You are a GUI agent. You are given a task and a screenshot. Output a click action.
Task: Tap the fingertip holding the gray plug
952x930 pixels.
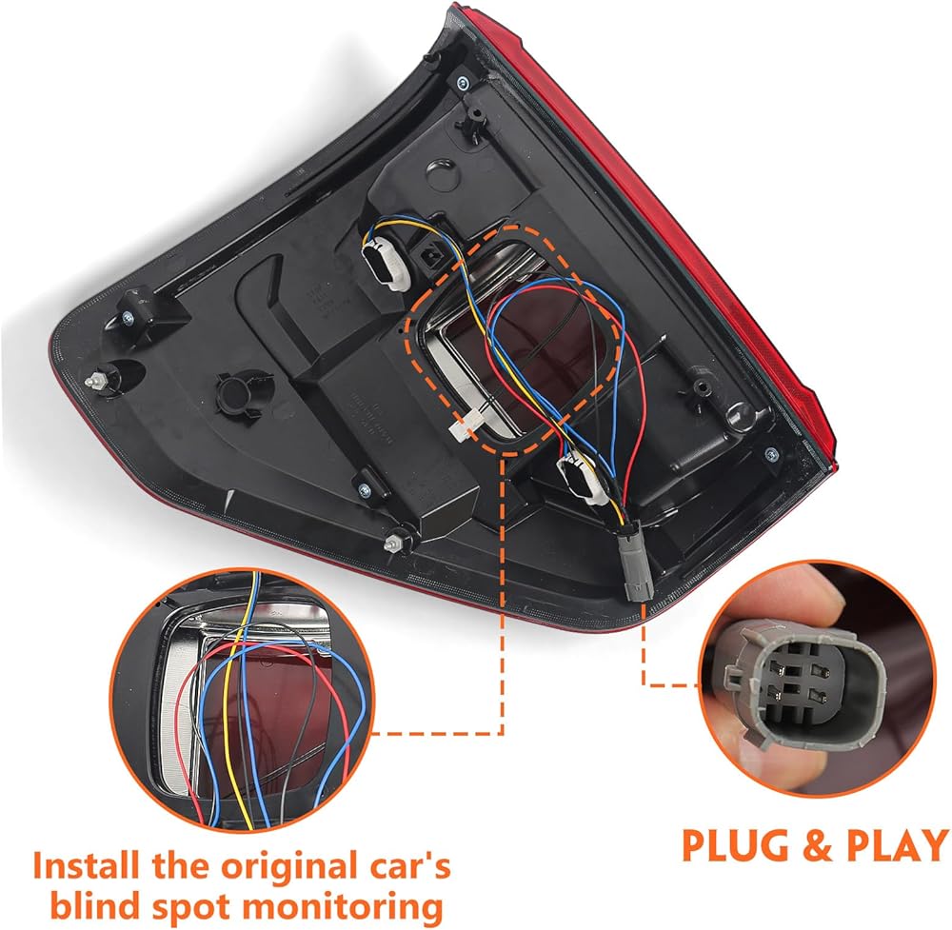(x=829, y=599)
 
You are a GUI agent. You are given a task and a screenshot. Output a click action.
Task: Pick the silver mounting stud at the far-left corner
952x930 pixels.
(x=99, y=379)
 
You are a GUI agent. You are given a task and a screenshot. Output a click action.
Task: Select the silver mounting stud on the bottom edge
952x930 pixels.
(x=391, y=543)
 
